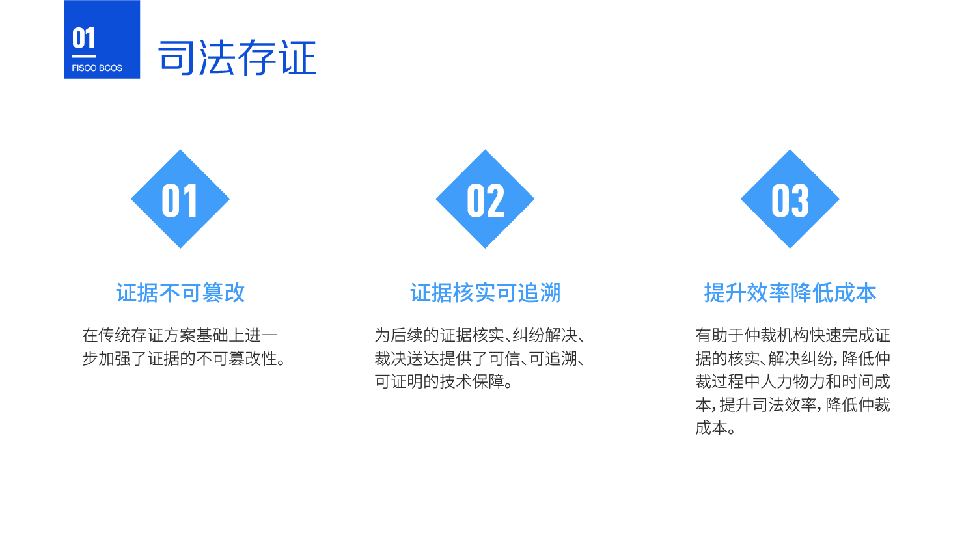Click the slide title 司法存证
point(237,57)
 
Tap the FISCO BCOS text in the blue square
point(97,68)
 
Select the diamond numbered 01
point(180,199)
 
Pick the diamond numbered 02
point(485,199)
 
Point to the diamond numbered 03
point(790,199)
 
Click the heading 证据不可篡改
point(180,293)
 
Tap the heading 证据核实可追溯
point(485,293)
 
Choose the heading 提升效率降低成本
point(790,293)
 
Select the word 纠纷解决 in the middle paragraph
point(545,335)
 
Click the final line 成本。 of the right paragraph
point(715,428)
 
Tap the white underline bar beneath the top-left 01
point(84,56)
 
